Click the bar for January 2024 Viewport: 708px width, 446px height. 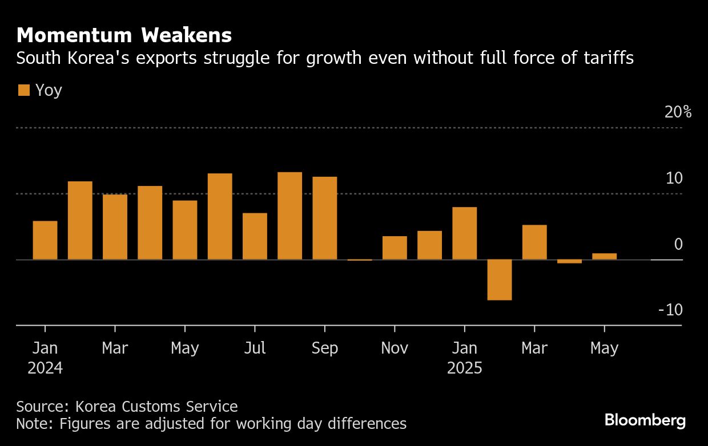point(45,240)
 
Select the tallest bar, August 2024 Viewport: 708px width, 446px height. point(289,216)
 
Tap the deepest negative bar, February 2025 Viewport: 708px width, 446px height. point(499,279)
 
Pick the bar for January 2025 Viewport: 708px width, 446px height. point(464,233)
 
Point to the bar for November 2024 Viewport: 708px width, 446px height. point(395,248)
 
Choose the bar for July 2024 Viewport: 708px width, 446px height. point(255,236)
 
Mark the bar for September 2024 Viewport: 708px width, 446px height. point(324,218)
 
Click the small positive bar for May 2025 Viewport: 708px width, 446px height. point(604,256)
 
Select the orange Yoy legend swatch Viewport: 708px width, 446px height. point(24,90)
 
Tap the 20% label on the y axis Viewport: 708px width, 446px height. point(678,112)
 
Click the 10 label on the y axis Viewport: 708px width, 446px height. point(674,179)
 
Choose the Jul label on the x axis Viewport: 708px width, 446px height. point(255,348)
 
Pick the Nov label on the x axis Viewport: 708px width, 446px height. point(395,348)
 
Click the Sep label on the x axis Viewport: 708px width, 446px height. point(324,348)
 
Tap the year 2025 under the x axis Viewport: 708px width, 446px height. point(464,368)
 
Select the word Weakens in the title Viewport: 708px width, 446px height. point(187,35)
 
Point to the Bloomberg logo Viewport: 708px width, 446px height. point(645,421)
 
